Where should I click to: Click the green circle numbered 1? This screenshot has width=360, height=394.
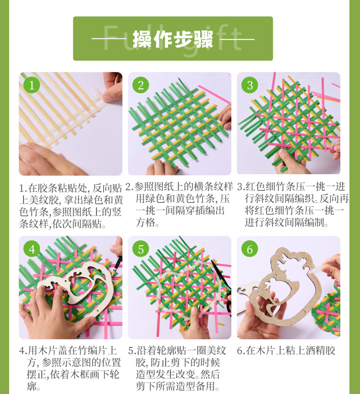point(32,85)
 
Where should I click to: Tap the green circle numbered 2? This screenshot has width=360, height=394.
point(141,85)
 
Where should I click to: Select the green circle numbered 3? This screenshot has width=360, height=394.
point(250,85)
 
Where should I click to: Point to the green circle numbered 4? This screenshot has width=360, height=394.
point(32,249)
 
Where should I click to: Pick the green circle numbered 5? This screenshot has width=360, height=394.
point(141,249)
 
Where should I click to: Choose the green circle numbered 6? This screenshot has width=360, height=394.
point(250,249)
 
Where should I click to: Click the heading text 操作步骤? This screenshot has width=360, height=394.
point(173,39)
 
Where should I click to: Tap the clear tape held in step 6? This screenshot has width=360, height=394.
point(319,268)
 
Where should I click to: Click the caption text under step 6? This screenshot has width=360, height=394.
point(286,350)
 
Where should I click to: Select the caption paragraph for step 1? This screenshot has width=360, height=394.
point(71,206)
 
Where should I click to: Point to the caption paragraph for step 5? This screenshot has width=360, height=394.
point(177,368)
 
